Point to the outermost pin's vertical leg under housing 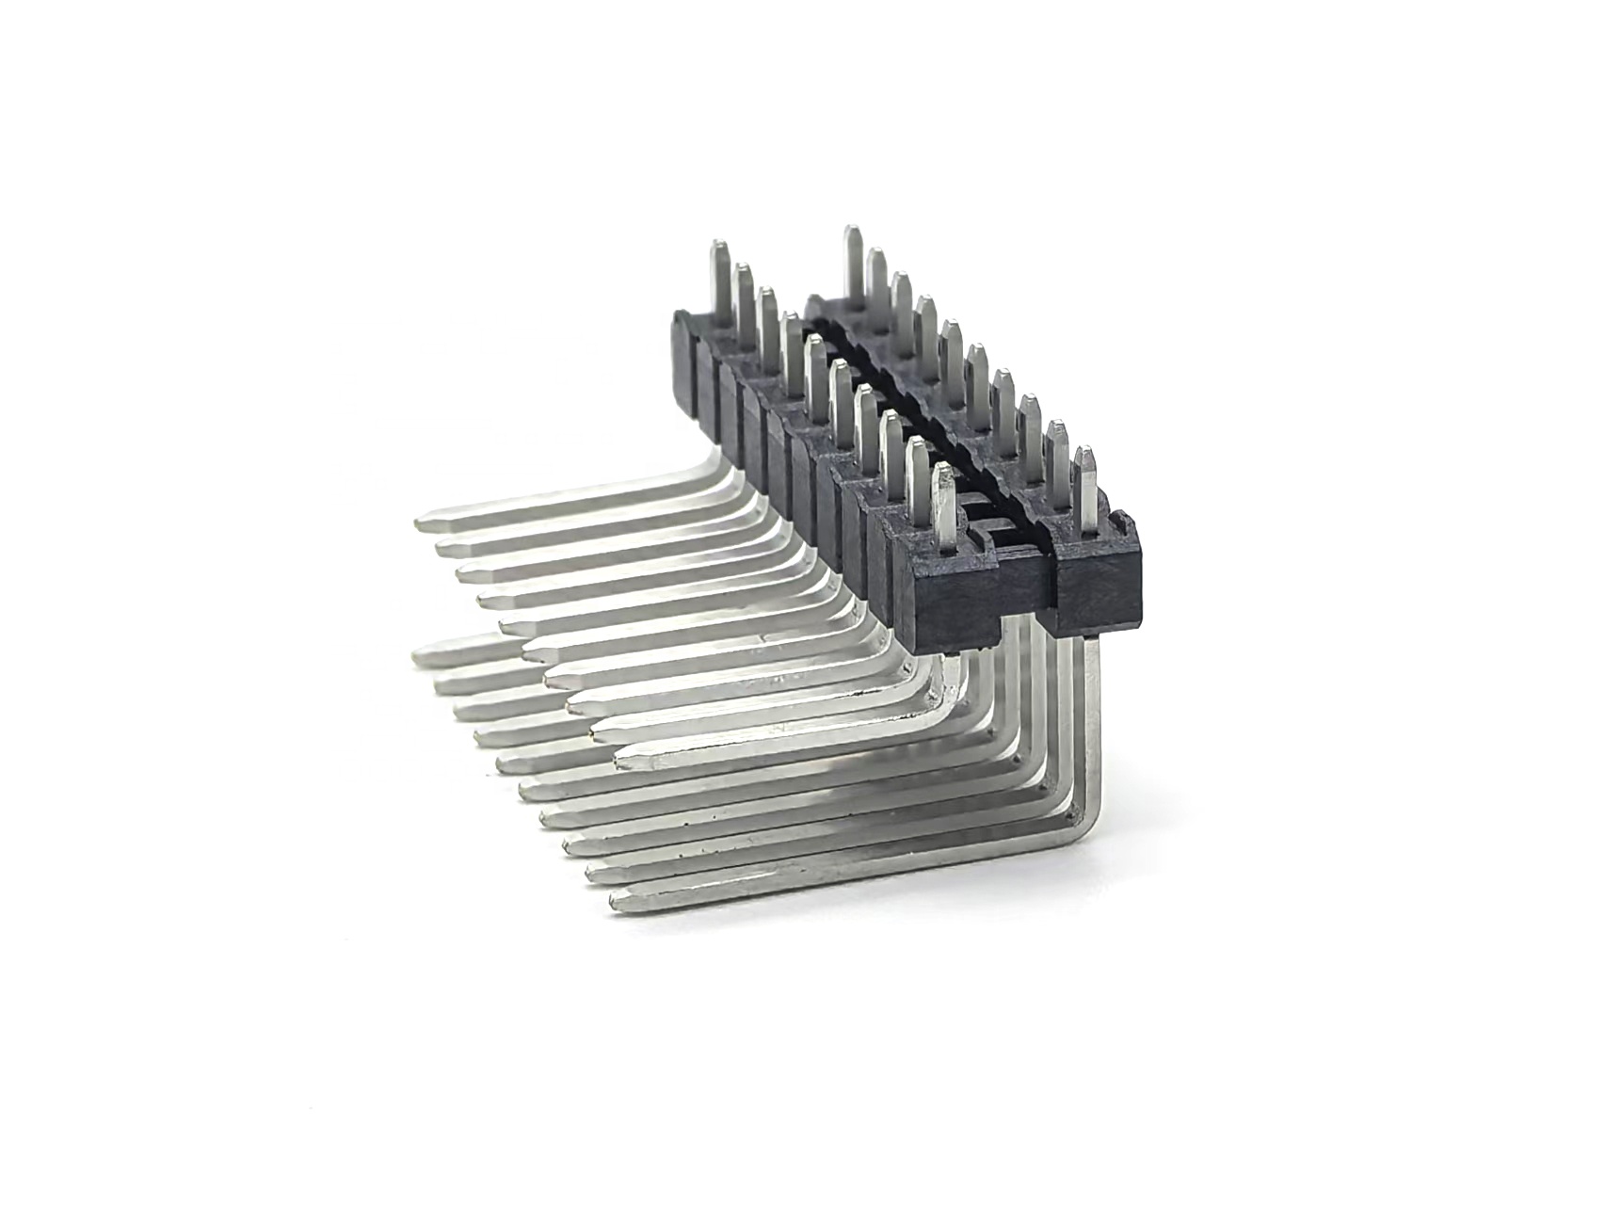pos(1091,715)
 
